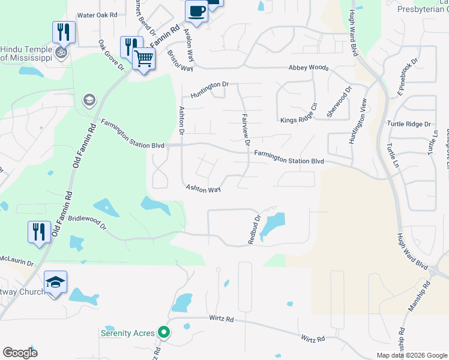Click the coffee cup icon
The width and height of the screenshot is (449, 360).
tap(196, 10)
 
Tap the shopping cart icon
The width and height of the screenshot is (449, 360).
tap(144, 59)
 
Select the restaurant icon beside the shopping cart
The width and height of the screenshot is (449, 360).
tap(130, 47)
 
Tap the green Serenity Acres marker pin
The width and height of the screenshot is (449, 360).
tap(162, 332)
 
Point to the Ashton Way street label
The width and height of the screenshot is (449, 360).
tap(203, 189)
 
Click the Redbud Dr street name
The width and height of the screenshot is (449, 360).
tap(253, 230)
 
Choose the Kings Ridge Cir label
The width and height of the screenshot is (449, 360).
tap(298, 116)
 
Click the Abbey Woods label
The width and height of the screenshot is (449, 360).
tap(309, 68)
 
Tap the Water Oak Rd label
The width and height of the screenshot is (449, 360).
tap(97, 15)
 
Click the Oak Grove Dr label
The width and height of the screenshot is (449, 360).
tap(111, 56)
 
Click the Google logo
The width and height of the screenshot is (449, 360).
tap(20, 353)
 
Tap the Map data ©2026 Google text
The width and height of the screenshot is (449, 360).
tap(411, 355)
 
